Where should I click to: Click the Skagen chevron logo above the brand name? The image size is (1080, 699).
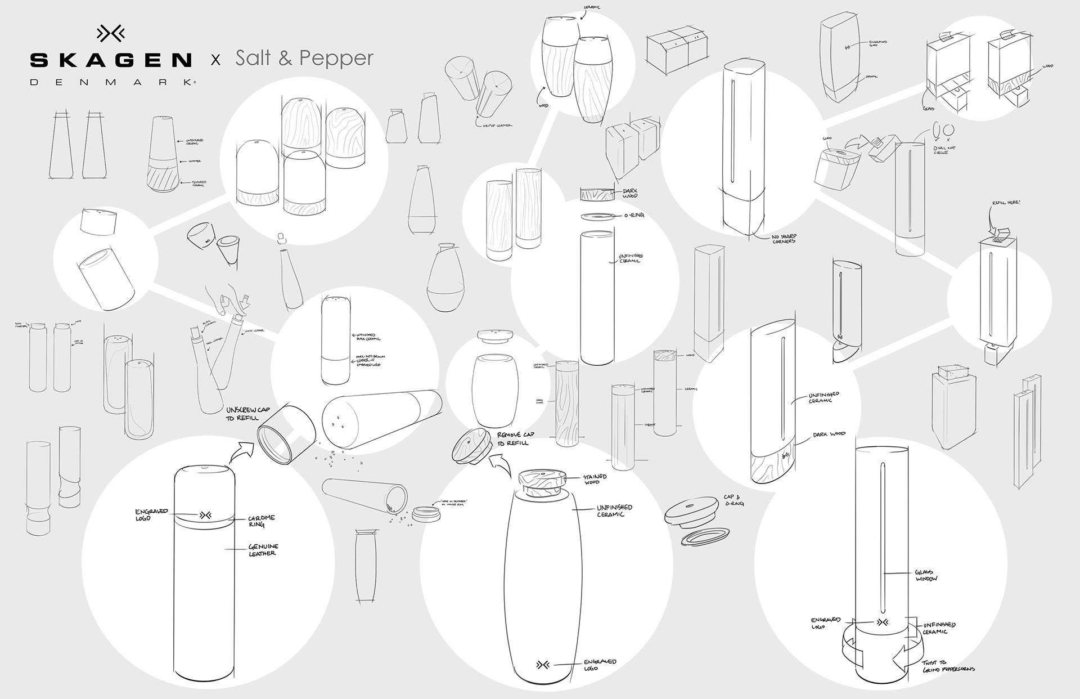coord(111,34)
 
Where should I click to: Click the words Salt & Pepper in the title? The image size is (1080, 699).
coord(304,58)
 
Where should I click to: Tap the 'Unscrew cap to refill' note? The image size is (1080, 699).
coord(250,414)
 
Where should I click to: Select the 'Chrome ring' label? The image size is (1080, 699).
coord(262,521)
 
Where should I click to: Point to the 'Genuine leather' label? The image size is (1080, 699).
coord(263,550)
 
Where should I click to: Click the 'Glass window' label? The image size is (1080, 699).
coord(926,575)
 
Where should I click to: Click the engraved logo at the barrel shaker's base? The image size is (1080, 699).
coord(544,665)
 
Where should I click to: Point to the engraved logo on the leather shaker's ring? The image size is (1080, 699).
coord(204,515)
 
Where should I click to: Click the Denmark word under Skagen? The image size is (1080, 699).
coord(111,82)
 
